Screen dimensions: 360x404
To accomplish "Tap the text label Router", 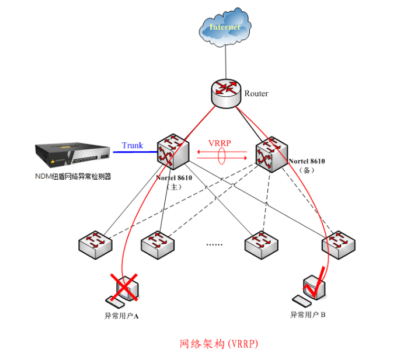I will (x=256, y=93).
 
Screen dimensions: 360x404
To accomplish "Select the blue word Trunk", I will (x=132, y=145).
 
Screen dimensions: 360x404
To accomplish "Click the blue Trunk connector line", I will (x=134, y=152).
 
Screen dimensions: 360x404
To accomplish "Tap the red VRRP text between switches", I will (x=221, y=143).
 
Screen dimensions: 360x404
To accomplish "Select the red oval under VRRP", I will (x=222, y=156).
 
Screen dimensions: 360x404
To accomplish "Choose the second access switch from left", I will (x=156, y=245).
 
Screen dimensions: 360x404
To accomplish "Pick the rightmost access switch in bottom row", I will (x=339, y=244).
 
